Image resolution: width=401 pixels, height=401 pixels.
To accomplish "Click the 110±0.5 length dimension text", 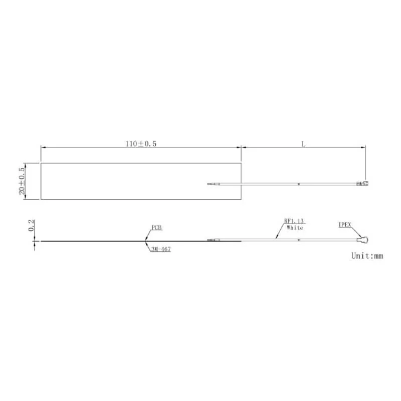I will click(141, 144).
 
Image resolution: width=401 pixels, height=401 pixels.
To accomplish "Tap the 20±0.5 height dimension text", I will click(22, 181).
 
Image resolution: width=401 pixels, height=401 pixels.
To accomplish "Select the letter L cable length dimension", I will click(303, 144).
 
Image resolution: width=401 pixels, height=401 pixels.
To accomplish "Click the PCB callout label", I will click(157, 228).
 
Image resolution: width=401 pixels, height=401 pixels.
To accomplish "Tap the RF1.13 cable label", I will click(294, 221).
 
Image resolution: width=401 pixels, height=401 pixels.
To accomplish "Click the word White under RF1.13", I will click(295, 228).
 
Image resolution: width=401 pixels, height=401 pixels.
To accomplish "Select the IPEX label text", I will click(345, 225).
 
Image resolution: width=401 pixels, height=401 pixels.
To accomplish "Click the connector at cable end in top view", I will click(363, 184).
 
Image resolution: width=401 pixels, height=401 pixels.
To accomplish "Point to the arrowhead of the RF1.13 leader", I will click(276, 237).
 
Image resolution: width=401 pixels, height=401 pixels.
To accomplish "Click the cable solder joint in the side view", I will click(214, 241).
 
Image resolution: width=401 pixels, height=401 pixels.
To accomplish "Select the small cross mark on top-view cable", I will click(299, 184).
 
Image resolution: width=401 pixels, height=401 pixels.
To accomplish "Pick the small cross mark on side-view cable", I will click(299, 240).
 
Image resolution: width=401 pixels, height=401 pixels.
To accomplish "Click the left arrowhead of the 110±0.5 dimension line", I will click(43, 147).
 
